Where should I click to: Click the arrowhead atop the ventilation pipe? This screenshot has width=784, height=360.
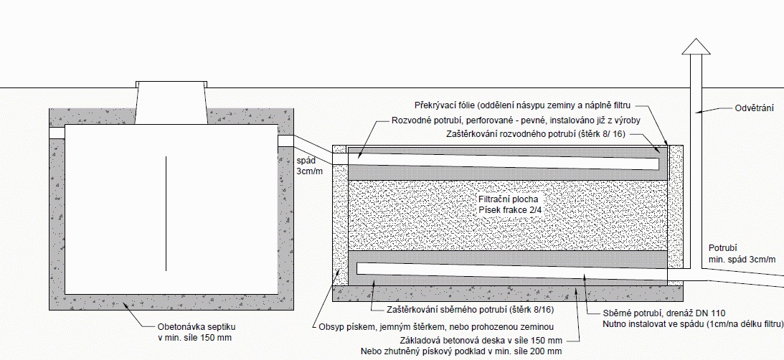click(x=694, y=47)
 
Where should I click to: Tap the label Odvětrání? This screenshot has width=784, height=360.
click(x=755, y=108)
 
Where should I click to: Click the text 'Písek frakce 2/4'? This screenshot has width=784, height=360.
click(x=510, y=209)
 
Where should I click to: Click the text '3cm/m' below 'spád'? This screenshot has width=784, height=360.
click(x=311, y=172)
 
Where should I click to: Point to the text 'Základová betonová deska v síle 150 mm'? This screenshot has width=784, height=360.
click(x=481, y=341)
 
